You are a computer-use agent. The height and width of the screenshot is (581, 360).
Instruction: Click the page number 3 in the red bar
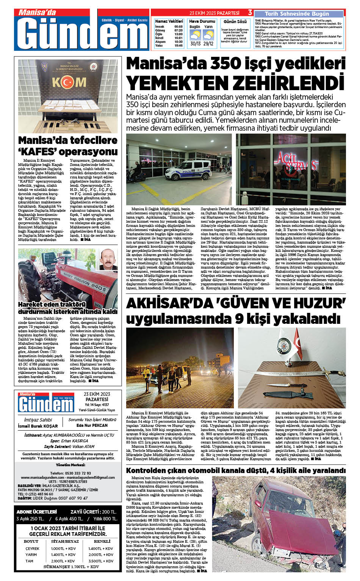[x=250, y=13]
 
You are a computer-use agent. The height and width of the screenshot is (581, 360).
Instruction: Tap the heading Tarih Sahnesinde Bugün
[x=297, y=14]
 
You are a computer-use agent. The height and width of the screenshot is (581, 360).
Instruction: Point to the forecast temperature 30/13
[x=196, y=44]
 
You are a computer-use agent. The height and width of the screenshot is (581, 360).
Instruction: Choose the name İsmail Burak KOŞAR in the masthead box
[x=38, y=426]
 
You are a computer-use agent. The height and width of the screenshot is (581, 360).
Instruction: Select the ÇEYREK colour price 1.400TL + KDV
[x=101, y=548]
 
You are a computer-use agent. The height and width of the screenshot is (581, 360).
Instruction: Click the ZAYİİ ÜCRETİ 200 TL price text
[x=93, y=512]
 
